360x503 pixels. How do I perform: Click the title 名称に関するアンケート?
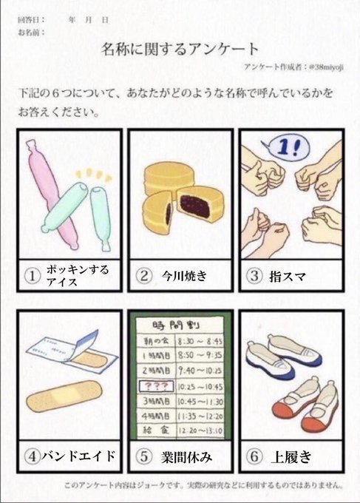[180, 49]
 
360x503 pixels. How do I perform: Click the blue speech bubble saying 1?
[288, 147]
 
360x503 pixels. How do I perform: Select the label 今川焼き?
[184, 276]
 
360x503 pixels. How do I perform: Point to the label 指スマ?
[288, 276]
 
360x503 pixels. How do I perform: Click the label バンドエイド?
[78, 456]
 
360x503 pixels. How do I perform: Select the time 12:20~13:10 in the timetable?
[200, 431]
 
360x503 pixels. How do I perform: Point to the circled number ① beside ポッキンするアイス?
[33, 276]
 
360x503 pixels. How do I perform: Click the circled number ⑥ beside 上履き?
[254, 456]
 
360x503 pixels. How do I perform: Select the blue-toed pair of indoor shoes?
[284, 356]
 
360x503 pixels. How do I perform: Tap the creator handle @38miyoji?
[326, 67]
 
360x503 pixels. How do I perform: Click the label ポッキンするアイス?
[78, 276]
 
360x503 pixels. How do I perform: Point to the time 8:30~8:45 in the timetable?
[200, 341]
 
